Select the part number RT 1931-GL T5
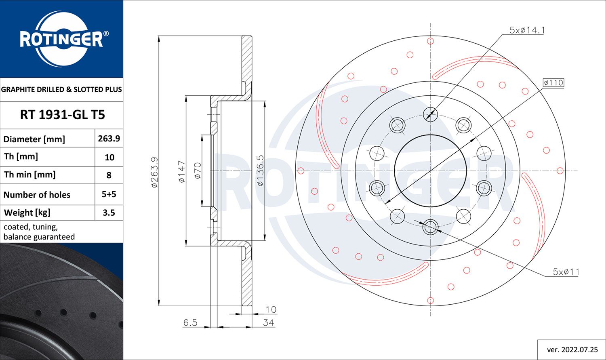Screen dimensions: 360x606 tap(62, 115)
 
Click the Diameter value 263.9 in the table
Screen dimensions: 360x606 tap(109, 139)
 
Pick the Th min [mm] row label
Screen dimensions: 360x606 tap(30, 175)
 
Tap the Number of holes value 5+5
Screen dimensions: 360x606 tap(109, 194)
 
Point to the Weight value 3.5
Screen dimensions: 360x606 tap(109, 213)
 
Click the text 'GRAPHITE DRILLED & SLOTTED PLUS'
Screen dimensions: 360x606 tap(61, 89)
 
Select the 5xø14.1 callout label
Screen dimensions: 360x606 tap(527, 30)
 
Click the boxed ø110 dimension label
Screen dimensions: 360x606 tap(553, 82)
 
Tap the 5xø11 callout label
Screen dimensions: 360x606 tap(566, 272)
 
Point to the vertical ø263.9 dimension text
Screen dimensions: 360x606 tap(155, 172)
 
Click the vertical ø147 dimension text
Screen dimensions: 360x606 tap(182, 172)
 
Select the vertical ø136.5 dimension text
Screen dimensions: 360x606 tap(260, 171)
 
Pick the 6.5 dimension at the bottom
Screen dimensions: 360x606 tap(190, 322)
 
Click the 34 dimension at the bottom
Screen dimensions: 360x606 tap(268, 322)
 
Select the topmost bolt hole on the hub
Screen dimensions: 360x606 tap(430, 114)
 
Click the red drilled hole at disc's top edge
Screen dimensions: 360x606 tap(430, 41)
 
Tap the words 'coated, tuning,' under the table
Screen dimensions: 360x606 tap(31, 227)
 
